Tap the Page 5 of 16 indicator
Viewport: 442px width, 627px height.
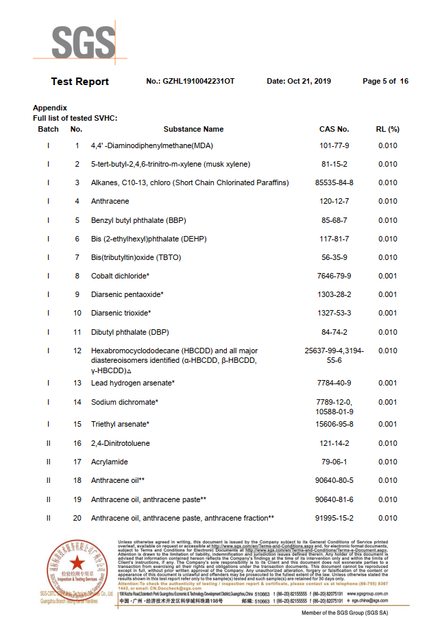click(x=385, y=82)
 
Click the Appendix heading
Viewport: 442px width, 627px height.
click(x=50, y=108)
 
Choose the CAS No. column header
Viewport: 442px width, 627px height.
click(x=334, y=129)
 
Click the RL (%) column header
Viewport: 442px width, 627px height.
click(x=388, y=129)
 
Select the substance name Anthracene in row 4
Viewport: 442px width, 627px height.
click(x=110, y=202)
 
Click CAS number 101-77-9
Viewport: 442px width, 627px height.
click(x=334, y=145)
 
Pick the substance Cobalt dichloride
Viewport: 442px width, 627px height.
click(x=120, y=276)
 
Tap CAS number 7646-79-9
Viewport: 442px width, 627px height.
click(x=334, y=276)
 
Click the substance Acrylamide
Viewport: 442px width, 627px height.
click(x=110, y=462)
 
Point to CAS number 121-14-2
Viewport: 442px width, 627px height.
click(x=334, y=444)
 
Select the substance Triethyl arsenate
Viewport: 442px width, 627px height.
click(x=120, y=425)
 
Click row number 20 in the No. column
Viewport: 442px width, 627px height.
click(x=77, y=518)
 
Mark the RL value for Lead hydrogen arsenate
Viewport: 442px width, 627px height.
click(x=388, y=383)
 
